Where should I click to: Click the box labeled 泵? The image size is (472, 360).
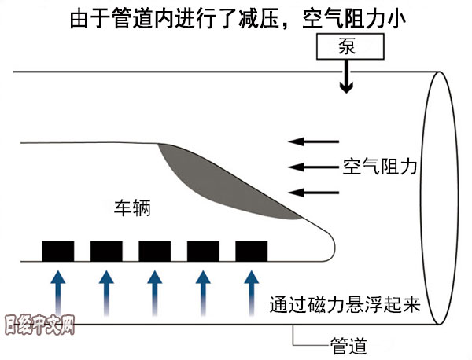[x=348, y=46]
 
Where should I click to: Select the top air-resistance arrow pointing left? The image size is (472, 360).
[x=308, y=141]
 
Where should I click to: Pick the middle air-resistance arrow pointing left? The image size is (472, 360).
[x=308, y=167]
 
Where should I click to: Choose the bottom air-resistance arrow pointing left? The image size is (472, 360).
[x=308, y=191]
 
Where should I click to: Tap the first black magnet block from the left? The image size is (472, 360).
[x=57, y=251]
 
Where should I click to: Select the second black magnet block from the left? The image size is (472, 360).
[x=106, y=251]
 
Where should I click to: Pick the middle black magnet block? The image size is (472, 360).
[x=155, y=251]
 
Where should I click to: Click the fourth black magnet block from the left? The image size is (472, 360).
[x=203, y=251]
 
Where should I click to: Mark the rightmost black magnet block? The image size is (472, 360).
[x=252, y=251]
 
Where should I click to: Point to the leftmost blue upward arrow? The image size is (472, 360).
[x=57, y=291]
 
